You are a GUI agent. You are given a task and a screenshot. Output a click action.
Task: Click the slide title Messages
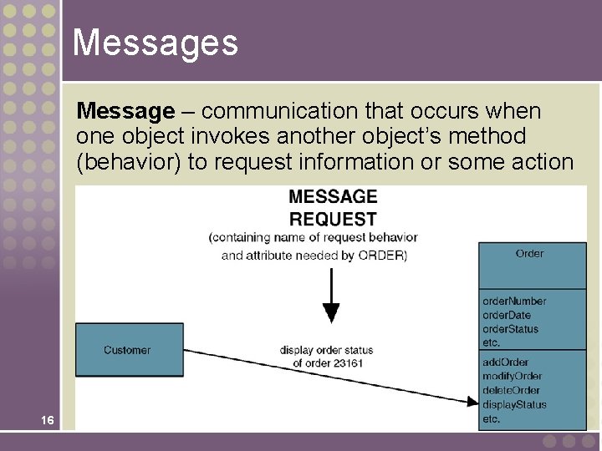[x=155, y=43]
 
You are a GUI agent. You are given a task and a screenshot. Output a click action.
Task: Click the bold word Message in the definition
[x=125, y=111]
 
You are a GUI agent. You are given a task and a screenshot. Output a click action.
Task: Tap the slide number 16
[x=48, y=421]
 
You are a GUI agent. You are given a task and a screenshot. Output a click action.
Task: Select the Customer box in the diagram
[x=129, y=350]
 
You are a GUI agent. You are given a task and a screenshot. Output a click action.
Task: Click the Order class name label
[x=529, y=253]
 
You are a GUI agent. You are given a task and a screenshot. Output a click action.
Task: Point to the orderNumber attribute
[x=514, y=301]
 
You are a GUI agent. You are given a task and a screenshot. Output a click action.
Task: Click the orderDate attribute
[x=507, y=315]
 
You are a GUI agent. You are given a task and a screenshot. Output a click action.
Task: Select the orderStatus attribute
[x=511, y=329]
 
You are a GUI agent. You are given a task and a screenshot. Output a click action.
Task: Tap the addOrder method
[x=506, y=362]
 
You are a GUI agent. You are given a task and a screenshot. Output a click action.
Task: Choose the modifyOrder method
[x=513, y=376]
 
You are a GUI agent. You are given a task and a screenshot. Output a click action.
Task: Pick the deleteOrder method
[x=512, y=390]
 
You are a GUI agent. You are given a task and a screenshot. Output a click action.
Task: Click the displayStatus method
[x=514, y=404]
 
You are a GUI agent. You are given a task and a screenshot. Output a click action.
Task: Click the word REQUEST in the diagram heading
[x=333, y=219]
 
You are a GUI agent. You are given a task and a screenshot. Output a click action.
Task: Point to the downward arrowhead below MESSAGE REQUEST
[x=332, y=313]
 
